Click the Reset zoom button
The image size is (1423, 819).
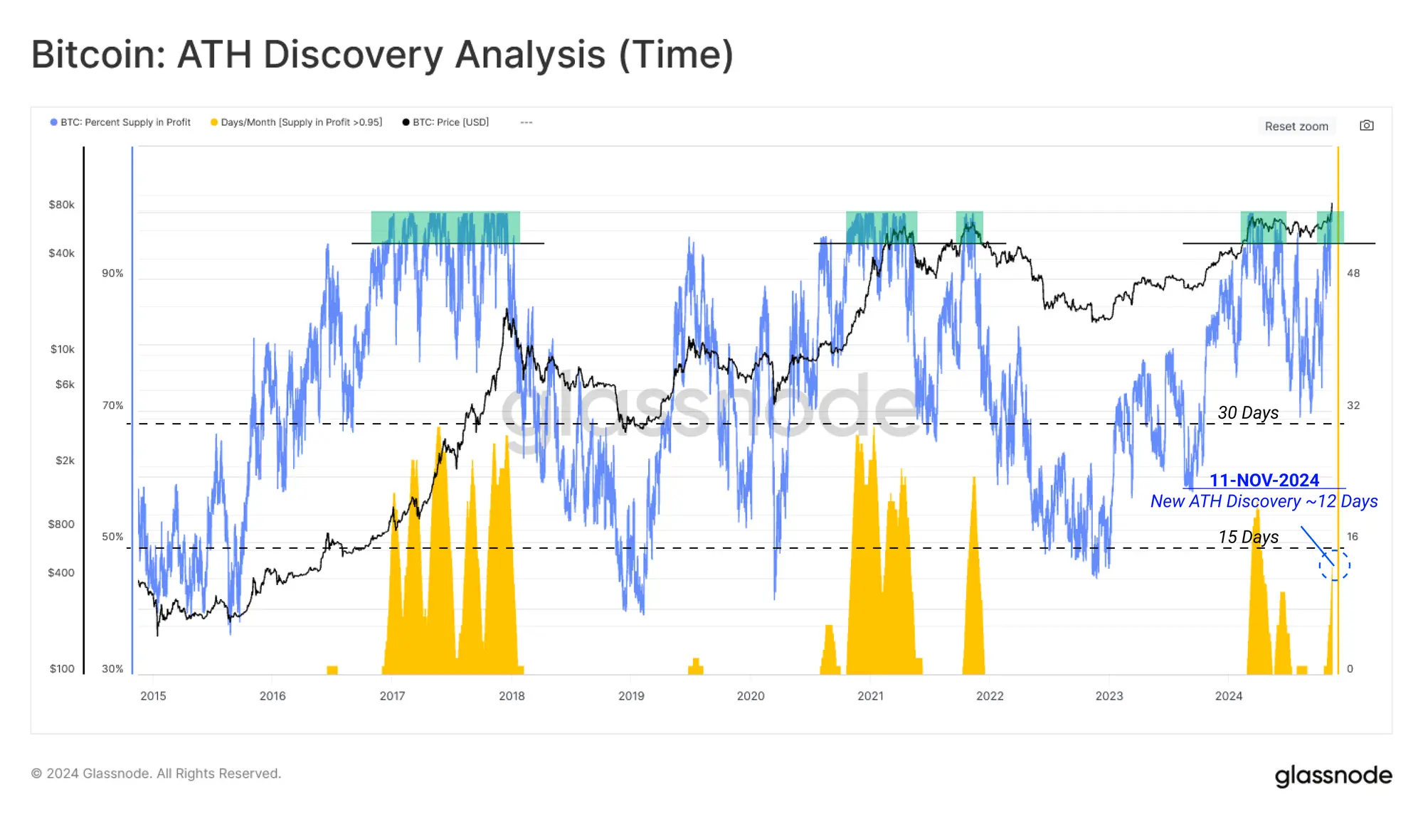(1296, 127)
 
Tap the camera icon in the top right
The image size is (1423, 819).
(1366, 126)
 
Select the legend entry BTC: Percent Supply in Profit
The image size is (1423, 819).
(120, 122)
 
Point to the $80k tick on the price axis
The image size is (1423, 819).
(61, 205)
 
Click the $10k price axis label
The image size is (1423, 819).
(62, 349)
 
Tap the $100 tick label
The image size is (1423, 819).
(62, 668)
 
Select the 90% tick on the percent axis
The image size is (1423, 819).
(112, 273)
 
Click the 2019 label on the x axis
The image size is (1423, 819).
(631, 696)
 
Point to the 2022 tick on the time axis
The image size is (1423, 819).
(990, 696)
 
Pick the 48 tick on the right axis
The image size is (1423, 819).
(1353, 273)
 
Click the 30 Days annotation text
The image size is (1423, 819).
(1248, 413)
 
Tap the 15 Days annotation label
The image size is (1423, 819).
(1248, 537)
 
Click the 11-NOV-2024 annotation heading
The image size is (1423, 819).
(1264, 481)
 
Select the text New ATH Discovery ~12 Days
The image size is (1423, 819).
(1264, 502)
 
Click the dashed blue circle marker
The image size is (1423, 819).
(1334, 566)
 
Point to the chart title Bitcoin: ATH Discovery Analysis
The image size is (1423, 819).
(382, 55)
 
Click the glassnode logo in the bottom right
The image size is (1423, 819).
(1333, 775)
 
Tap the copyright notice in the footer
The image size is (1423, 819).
(156, 773)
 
